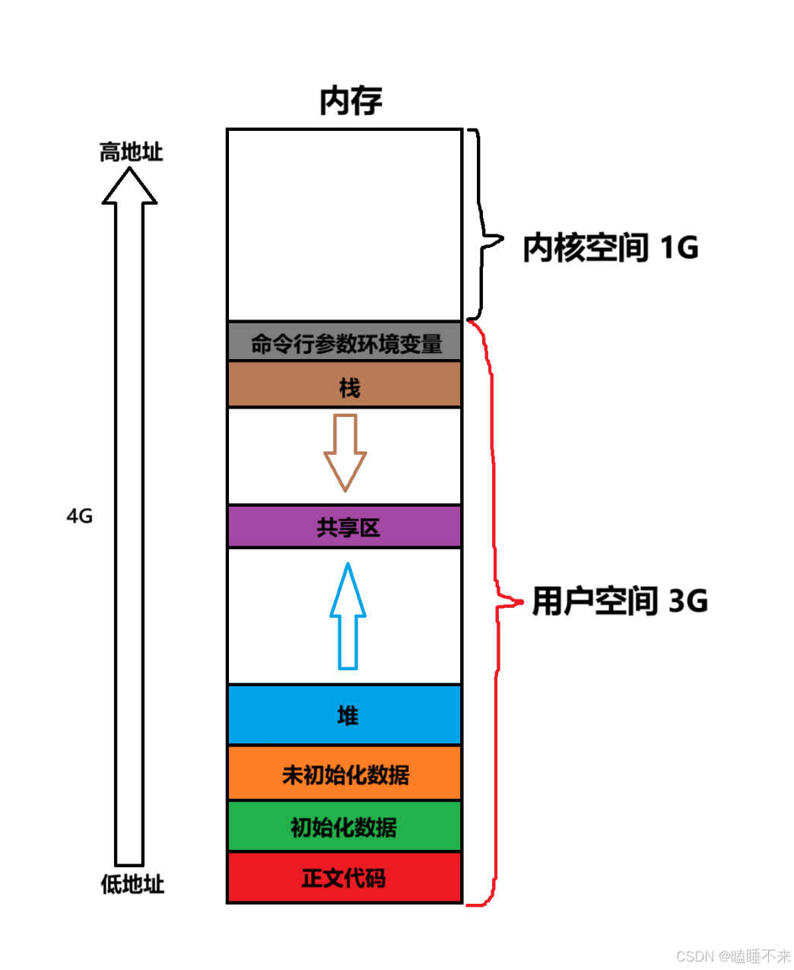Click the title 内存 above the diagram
[351, 101]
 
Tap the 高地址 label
[131, 152]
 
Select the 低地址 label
[132, 884]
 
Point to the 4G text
[79, 517]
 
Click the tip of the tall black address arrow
[129, 170]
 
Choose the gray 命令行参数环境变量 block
[345, 342]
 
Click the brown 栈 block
[345, 386]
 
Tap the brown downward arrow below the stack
[345, 452]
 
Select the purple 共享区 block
[345, 526]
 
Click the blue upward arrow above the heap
[348, 616]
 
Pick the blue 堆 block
[345, 715]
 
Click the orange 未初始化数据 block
[345, 774]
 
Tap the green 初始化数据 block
[345, 826]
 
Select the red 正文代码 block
[345, 878]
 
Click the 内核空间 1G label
[610, 248]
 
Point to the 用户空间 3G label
[619, 601]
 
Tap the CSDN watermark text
[733, 956]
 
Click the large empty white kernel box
[345, 225]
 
